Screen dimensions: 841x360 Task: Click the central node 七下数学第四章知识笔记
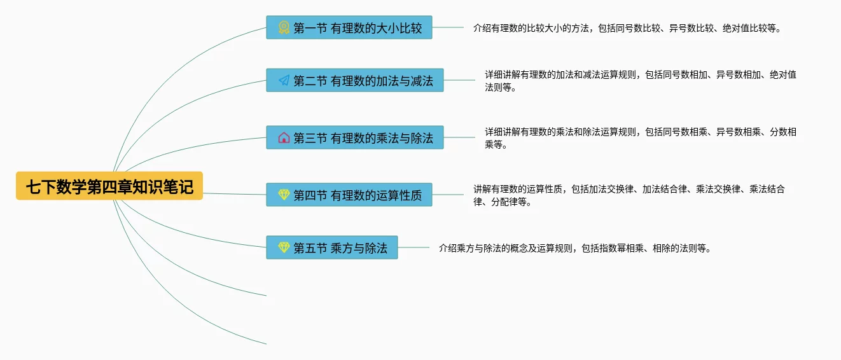(109, 186)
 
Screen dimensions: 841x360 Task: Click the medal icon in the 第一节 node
(284, 28)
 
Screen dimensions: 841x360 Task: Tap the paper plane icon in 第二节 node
(284, 80)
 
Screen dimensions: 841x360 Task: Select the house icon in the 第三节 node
(284, 137)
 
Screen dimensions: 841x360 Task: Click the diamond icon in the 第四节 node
(284, 195)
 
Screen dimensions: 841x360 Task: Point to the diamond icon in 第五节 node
(284, 247)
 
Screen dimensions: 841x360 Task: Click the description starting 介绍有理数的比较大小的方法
(627, 28)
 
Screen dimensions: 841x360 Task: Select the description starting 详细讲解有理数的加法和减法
(640, 81)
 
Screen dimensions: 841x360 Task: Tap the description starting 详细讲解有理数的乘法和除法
(640, 138)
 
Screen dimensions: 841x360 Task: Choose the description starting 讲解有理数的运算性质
(629, 195)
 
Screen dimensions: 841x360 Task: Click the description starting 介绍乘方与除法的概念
(574, 248)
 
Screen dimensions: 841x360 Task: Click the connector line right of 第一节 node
(448, 28)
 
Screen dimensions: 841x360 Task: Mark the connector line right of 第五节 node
(414, 247)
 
